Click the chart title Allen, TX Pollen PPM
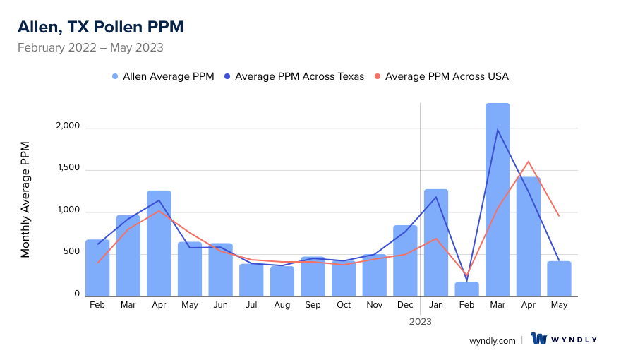click(x=100, y=27)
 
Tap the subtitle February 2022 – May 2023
click(x=90, y=48)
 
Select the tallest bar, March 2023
click(x=498, y=201)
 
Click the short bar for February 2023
click(x=466, y=289)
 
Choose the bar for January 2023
click(x=436, y=244)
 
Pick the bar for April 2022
click(x=159, y=244)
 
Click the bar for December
click(x=405, y=261)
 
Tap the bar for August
click(x=282, y=281)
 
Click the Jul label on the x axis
click(x=251, y=305)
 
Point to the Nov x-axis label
click(x=375, y=305)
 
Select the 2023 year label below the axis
click(x=421, y=321)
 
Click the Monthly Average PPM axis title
click(x=25, y=200)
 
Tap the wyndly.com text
click(x=493, y=340)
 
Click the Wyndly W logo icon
click(x=539, y=340)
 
